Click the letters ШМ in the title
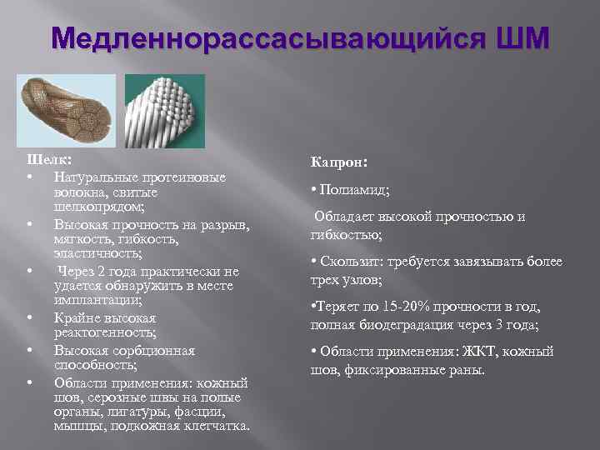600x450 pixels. (521, 38)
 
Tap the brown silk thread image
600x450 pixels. (67, 112)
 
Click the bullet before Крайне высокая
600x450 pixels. (29, 317)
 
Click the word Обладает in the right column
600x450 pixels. (345, 217)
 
